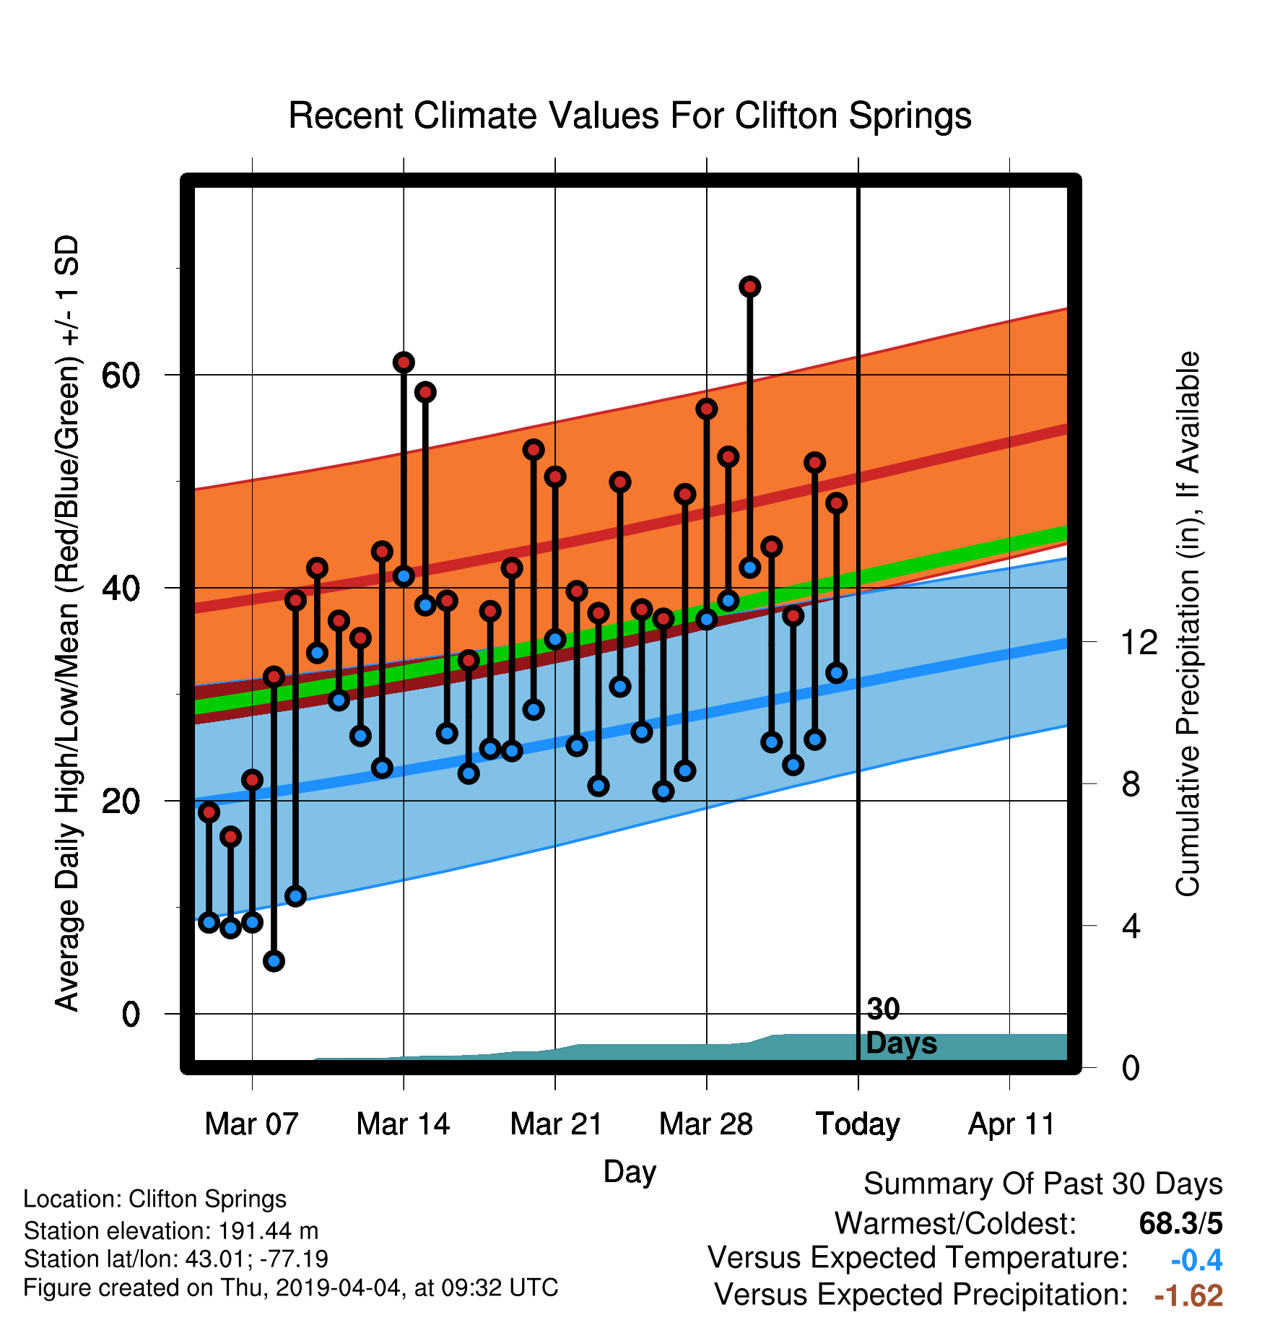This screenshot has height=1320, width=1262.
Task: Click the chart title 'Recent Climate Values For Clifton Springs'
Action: pyautogui.click(x=630, y=116)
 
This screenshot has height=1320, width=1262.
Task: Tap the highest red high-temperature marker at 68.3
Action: pyautogui.click(x=749, y=287)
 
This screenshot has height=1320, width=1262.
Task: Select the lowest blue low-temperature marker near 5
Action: pyautogui.click(x=274, y=960)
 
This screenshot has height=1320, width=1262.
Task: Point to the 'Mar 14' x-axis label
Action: pyautogui.click(x=403, y=1124)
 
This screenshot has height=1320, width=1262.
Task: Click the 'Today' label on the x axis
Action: pyautogui.click(x=858, y=1125)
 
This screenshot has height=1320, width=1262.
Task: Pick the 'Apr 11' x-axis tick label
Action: pyautogui.click(x=1011, y=1124)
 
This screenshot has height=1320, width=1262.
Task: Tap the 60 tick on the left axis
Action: pyautogui.click(x=121, y=375)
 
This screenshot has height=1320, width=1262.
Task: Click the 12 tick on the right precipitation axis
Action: pyautogui.click(x=1139, y=642)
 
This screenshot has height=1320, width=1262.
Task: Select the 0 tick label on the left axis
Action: pyautogui.click(x=131, y=1014)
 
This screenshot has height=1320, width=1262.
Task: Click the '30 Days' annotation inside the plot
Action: pyautogui.click(x=900, y=1026)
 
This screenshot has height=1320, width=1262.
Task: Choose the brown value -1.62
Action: pyautogui.click(x=1188, y=1295)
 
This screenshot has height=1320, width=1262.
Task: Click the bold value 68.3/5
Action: pyautogui.click(x=1180, y=1223)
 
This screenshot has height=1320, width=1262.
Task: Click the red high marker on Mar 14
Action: pyautogui.click(x=404, y=362)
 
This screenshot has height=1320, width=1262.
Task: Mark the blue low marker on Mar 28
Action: pyautogui.click(x=706, y=619)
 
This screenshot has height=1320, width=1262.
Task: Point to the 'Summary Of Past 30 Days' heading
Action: pyautogui.click(x=1043, y=1185)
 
